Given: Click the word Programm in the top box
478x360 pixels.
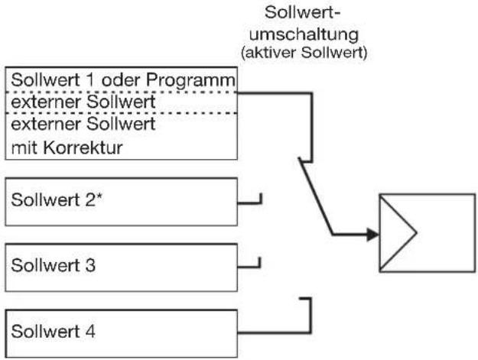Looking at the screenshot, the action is click(x=190, y=81).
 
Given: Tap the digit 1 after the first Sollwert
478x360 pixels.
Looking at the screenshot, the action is click(x=90, y=79).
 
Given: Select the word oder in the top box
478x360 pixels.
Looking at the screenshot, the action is click(x=119, y=79).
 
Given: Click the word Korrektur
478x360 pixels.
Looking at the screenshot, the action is click(x=83, y=148).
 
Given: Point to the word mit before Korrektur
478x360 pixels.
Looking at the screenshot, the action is click(x=24, y=148).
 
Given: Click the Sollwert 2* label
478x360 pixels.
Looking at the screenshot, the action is click(x=57, y=199).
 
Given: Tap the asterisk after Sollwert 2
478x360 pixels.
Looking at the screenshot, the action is click(x=99, y=196).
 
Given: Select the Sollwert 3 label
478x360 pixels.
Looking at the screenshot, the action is click(x=54, y=265).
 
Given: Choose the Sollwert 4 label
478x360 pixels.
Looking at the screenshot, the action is click(x=54, y=331).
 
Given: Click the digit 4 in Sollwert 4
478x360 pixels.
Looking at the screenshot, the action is click(x=90, y=331).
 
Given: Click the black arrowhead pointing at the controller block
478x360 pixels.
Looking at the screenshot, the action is click(x=372, y=235).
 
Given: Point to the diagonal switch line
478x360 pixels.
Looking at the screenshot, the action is click(x=317, y=196).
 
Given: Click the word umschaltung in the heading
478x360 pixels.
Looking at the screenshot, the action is click(x=304, y=34).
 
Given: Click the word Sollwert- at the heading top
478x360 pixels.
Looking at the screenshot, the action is click(x=302, y=13).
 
